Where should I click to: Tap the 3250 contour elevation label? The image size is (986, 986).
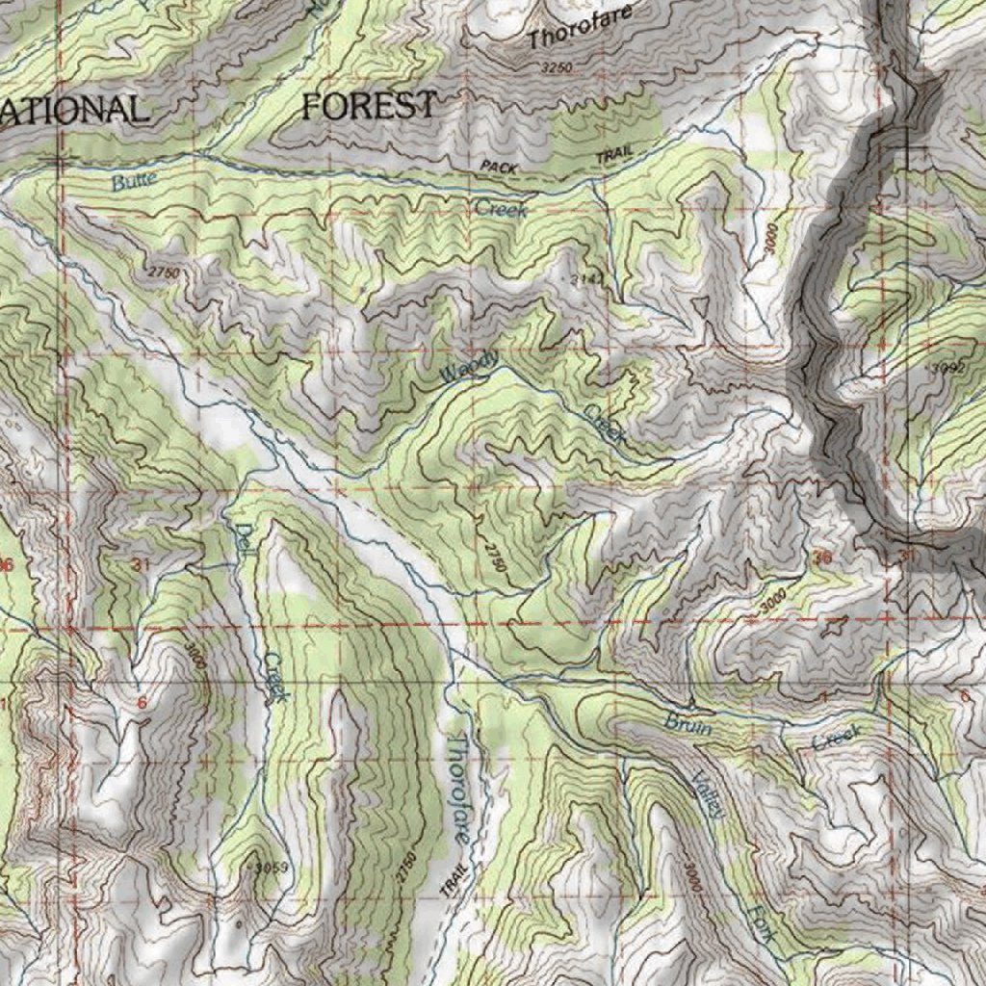[x=557, y=68]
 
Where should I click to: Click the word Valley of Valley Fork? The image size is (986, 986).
[x=706, y=795]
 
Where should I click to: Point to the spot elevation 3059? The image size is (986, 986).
[x=270, y=868]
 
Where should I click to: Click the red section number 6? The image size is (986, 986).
[x=143, y=702]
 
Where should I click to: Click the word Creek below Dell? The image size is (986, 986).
[x=275, y=676]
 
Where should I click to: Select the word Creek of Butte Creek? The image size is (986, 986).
[x=499, y=208]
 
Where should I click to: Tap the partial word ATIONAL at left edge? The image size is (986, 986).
[x=75, y=109]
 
